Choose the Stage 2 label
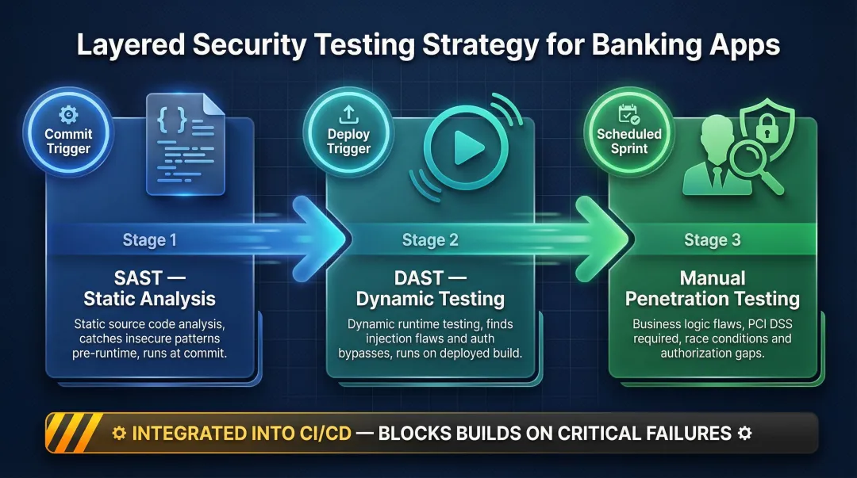(430, 240)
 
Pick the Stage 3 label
(712, 240)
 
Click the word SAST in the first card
(137, 278)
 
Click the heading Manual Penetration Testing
(712, 289)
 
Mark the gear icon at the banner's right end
(744, 434)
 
